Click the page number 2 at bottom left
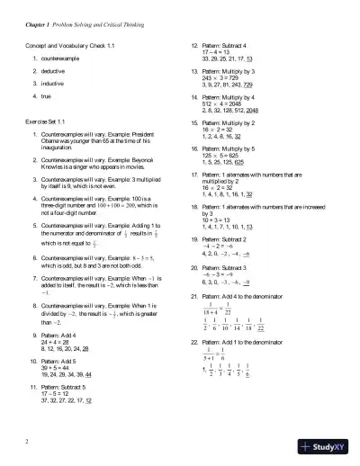[x=29, y=441]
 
